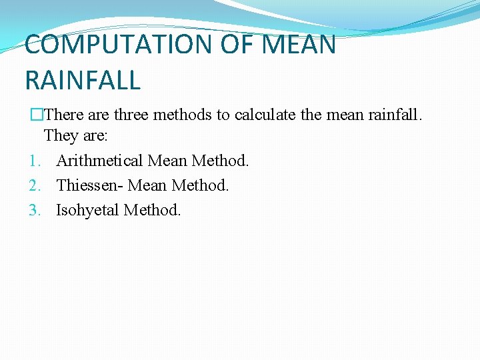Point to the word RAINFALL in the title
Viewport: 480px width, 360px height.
83,81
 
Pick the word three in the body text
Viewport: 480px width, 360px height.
132,115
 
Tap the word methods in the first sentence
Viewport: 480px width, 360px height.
183,115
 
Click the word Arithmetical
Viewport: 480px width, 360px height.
99,161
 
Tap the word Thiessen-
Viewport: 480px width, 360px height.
90,185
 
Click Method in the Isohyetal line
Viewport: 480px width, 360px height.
153,210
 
